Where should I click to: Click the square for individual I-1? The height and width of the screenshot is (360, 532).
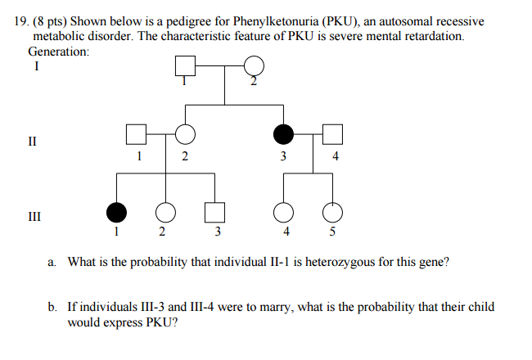click(x=185, y=65)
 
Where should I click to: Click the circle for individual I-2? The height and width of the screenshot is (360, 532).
click(x=254, y=65)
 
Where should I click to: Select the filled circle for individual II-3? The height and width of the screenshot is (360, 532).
click(x=284, y=134)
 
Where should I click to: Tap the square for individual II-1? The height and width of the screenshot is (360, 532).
click(x=136, y=134)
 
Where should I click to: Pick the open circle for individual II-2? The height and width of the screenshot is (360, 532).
click(x=185, y=134)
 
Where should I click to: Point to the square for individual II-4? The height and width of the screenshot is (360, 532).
click(x=332, y=134)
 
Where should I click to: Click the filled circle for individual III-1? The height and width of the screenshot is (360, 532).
click(x=116, y=213)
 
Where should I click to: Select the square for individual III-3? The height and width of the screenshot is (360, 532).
click(x=214, y=213)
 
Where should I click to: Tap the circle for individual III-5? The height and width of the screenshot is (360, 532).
click(x=332, y=213)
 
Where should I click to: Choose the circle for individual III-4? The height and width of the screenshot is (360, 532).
click(x=284, y=213)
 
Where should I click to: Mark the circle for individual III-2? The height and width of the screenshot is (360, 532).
click(x=165, y=213)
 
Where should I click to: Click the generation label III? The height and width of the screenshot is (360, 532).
click(x=34, y=216)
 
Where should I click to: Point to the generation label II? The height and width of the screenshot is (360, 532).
click(x=32, y=141)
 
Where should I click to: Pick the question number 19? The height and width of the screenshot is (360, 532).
click(x=22, y=21)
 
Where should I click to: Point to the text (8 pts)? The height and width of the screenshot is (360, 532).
click(x=50, y=22)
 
